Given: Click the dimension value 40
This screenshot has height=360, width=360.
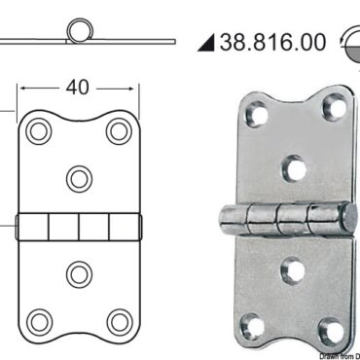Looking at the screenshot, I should click(78, 88).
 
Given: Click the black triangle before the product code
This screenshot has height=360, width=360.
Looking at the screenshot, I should click(205, 43).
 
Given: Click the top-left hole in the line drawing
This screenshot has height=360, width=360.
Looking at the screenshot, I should click(39, 130).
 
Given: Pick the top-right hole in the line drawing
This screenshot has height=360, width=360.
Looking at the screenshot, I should click(119, 130).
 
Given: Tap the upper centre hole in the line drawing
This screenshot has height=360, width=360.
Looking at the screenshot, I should click(79, 177).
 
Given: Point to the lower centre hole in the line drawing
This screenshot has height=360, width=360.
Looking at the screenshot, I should click(79, 272).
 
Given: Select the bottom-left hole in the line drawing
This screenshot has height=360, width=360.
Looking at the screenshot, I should click(39, 321).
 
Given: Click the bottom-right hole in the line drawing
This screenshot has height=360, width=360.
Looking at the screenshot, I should click(119, 321).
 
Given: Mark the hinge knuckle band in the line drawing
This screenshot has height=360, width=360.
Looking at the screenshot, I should click(79, 226).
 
